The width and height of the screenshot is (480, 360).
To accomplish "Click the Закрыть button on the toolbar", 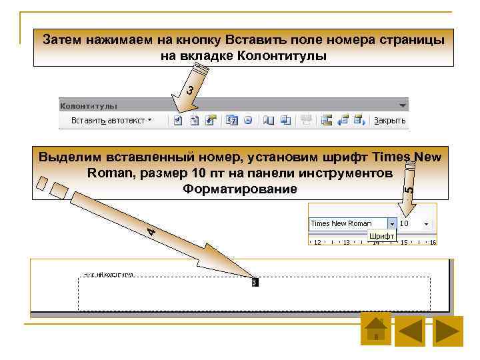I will point(389,121).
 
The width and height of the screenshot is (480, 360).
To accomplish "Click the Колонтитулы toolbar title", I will point(89,105).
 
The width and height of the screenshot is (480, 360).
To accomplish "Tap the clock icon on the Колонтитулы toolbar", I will point(248,121).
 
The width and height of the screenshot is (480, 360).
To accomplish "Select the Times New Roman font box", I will point(347,223).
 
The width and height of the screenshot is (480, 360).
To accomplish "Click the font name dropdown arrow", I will point(392,223).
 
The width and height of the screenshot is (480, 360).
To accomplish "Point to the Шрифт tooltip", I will point(382,236).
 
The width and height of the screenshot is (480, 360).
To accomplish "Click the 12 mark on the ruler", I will point(317,242).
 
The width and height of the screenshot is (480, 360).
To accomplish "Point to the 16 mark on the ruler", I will point(433,242).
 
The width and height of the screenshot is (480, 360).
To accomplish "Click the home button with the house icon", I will point(376,329).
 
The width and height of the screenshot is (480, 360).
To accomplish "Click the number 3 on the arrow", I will point(190,89).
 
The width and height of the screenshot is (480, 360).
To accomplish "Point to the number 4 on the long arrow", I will point(152,231).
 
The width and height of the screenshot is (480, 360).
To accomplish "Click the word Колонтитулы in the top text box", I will point(281,56).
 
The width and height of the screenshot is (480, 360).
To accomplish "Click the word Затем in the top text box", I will point(61,39).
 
